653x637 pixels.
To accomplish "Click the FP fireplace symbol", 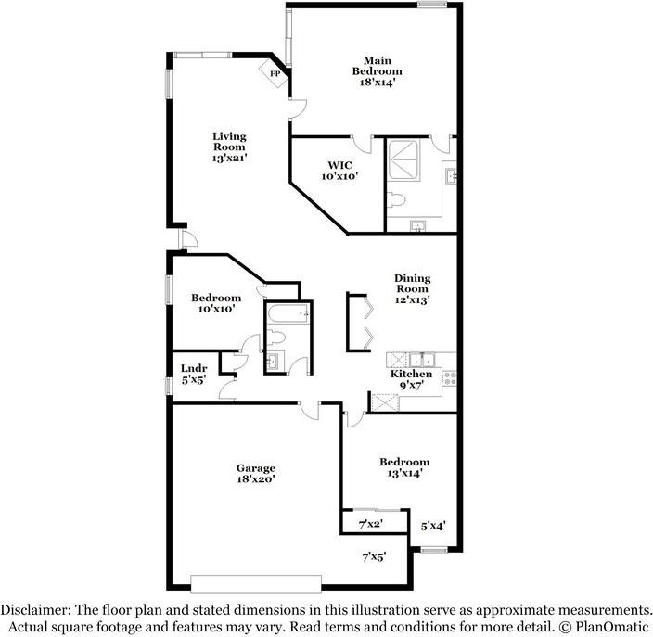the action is tap(274, 73).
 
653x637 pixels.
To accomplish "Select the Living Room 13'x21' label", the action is tap(229, 147).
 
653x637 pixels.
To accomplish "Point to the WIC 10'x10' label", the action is tap(339, 171).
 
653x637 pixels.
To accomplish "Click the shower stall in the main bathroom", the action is tap(403, 160).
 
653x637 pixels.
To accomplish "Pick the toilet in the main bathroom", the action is tap(396, 200).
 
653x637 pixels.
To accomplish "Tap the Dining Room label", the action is tap(412, 284).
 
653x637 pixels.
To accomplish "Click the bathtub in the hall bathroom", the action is tap(288, 314).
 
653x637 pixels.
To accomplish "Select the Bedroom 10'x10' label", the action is tap(216, 303).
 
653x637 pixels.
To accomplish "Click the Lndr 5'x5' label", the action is tap(194, 374).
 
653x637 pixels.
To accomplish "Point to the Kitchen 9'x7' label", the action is tap(411, 379).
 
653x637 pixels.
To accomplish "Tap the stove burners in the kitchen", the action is tap(449, 378).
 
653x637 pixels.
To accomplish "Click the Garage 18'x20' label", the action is tap(256, 474).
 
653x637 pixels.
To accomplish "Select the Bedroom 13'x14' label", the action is tap(404, 467).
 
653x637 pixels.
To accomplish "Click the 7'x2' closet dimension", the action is tap(371, 524).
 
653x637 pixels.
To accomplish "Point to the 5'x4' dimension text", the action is tap(433, 526).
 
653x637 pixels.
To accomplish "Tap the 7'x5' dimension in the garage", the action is tap(374, 556).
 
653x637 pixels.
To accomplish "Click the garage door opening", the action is tap(256, 584).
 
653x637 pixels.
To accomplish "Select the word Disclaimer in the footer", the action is tap(34, 610).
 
